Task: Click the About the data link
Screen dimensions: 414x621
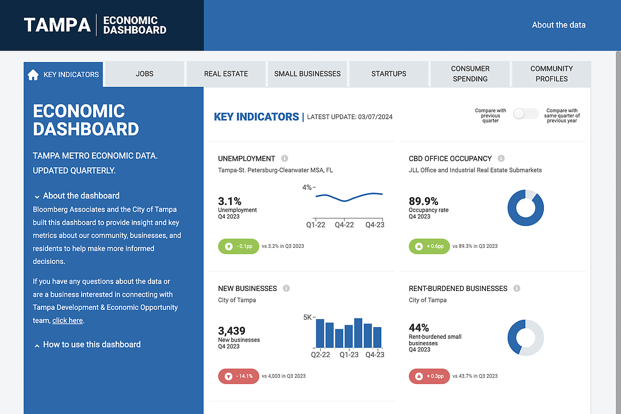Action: pos(558,25)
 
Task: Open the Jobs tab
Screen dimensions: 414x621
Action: pos(145,74)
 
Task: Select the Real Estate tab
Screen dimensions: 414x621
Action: pos(226,74)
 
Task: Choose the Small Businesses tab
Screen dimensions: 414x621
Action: pos(307,74)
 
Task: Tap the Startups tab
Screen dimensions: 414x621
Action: pos(389,74)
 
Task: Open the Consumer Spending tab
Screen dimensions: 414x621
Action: pos(470,74)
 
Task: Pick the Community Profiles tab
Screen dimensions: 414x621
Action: pos(551,74)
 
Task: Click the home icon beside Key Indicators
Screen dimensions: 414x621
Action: pos(33,74)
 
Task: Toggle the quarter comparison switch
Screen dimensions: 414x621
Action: pos(526,114)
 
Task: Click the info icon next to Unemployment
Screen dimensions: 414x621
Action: pos(285,159)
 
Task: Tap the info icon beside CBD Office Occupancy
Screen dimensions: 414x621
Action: pos(501,159)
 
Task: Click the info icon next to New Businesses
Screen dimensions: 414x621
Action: pos(286,289)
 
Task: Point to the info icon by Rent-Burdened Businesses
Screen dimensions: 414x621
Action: pos(517,289)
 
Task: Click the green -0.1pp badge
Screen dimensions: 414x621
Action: pos(239,246)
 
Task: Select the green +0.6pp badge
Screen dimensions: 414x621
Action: pos(429,246)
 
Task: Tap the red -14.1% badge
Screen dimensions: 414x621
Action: pos(239,376)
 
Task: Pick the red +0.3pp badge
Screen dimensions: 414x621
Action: pos(429,376)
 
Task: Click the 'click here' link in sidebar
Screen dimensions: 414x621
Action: pos(67,320)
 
